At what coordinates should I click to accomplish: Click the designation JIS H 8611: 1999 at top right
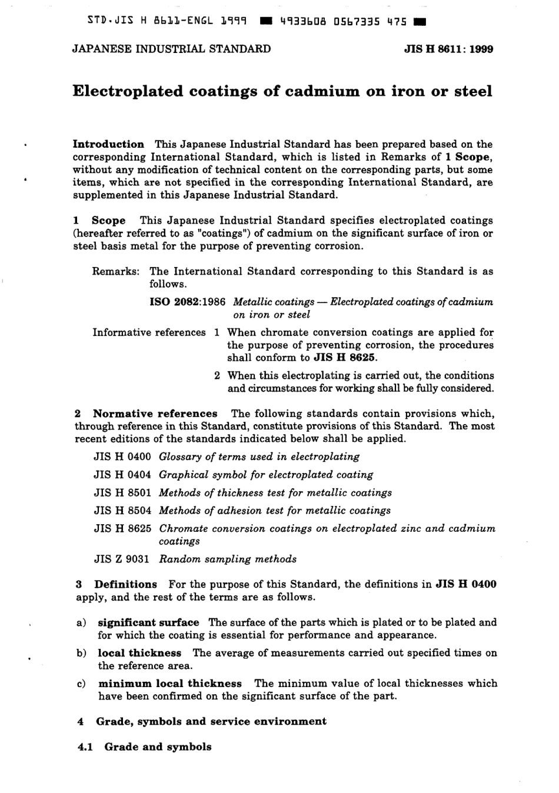pos(448,49)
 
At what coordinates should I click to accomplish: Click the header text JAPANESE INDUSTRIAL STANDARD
pos(171,49)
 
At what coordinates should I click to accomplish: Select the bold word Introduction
pos(108,144)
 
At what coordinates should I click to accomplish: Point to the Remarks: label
pos(116,271)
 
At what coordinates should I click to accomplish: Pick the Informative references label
pos(149,332)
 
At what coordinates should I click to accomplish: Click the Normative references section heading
pos(155,414)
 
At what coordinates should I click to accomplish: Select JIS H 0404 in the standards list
pos(122,475)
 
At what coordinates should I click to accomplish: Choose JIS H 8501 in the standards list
pos(122,493)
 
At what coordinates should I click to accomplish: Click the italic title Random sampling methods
pos(228,559)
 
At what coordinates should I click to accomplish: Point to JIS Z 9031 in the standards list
pos(122,559)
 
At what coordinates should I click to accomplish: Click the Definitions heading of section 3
pos(125,584)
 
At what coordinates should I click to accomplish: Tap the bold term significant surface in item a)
pos(148,622)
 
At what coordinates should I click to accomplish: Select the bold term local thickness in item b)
pos(139,653)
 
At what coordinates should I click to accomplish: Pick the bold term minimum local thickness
pos(169,684)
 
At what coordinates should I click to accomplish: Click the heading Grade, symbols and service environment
pos(211,721)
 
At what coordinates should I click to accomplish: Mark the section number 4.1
pos(86,747)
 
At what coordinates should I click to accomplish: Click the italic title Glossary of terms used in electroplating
pos(259,457)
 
